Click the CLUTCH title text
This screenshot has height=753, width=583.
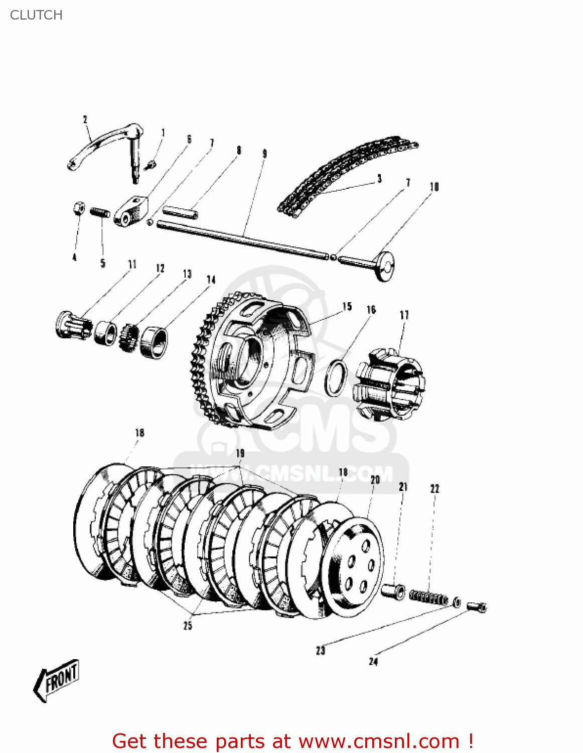(x=36, y=15)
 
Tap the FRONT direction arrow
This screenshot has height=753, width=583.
(x=57, y=680)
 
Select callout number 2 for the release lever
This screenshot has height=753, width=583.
(x=85, y=119)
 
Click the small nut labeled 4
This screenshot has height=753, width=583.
(x=78, y=208)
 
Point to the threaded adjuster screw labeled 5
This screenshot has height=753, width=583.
(x=100, y=213)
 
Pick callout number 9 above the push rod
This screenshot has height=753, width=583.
(x=264, y=154)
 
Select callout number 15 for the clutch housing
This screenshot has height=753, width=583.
(x=347, y=306)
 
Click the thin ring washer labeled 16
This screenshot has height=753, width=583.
(x=336, y=377)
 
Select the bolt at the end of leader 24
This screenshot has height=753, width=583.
(x=477, y=607)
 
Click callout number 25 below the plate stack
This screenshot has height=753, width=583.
(x=188, y=625)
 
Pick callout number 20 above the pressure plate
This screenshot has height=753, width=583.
(x=375, y=480)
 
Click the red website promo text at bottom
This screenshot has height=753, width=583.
(x=293, y=741)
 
